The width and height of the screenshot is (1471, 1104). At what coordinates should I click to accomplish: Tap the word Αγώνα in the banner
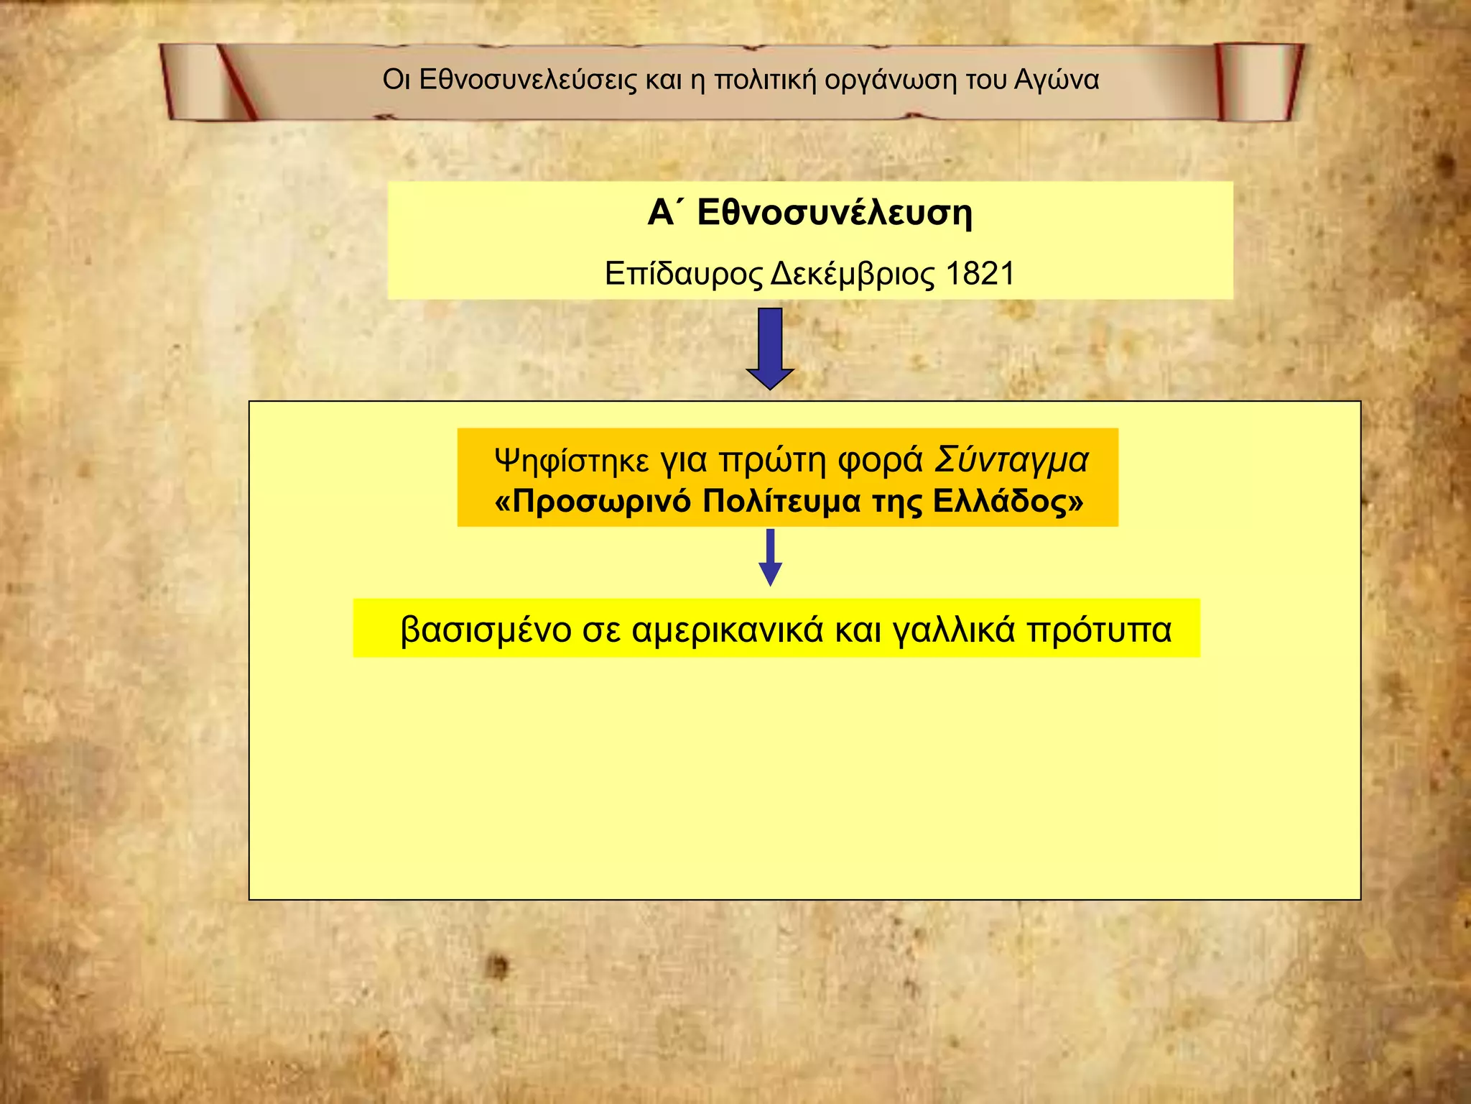pyautogui.click(x=1057, y=80)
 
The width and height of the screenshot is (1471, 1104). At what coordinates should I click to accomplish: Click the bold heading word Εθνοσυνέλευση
pyautogui.click(x=835, y=213)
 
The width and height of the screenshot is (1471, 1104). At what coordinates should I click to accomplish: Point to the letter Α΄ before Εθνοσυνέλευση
pyautogui.click(x=661, y=213)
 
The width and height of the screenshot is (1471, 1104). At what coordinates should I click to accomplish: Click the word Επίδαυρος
pyautogui.click(x=683, y=274)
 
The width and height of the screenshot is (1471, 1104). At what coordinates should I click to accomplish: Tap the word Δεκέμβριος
pyautogui.click(x=853, y=274)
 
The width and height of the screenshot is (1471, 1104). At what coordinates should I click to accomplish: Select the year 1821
pyautogui.click(x=980, y=274)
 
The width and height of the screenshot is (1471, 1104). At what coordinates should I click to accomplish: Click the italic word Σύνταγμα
pyautogui.click(x=1011, y=460)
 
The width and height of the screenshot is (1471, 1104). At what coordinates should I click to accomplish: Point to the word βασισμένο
pyautogui.click(x=486, y=630)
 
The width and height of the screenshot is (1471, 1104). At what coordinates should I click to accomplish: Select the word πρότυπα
pyautogui.click(x=1099, y=630)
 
